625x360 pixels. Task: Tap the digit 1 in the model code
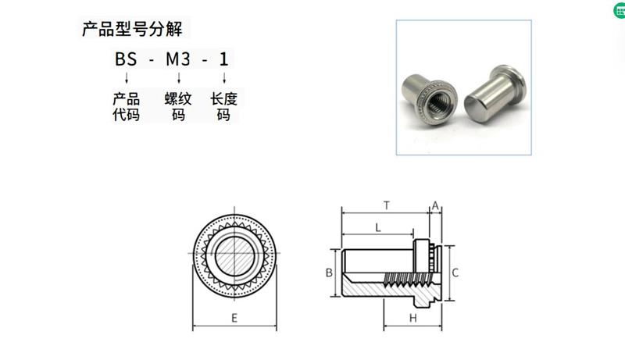click(225, 59)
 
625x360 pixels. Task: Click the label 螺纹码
click(178, 108)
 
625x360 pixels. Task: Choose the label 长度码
click(224, 108)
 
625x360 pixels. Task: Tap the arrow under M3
click(179, 78)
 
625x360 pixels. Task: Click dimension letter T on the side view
click(387, 205)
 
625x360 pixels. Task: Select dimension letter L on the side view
click(377, 227)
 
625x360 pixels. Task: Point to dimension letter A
click(435, 206)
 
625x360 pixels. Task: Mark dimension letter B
click(330, 273)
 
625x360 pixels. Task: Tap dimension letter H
click(412, 319)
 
